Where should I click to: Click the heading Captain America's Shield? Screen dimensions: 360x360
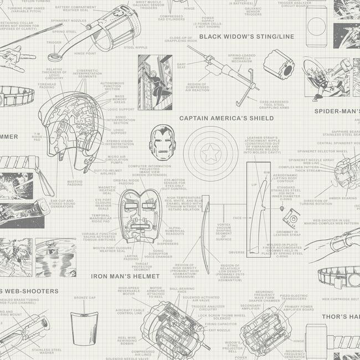point(226,118)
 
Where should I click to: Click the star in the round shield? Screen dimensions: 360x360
point(210,152)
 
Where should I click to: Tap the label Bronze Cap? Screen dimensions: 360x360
point(85,297)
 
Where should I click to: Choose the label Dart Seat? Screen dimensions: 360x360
point(181,66)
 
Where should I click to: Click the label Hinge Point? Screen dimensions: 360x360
point(85,54)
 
